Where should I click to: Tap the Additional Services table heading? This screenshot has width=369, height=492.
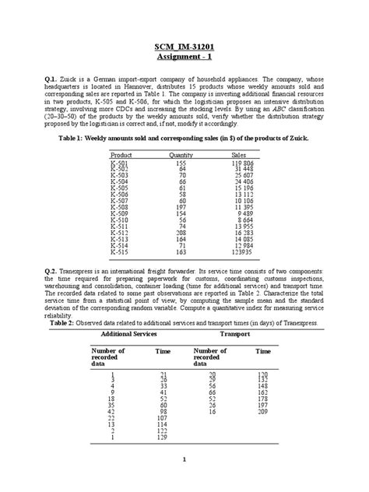(x=124, y=333)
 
